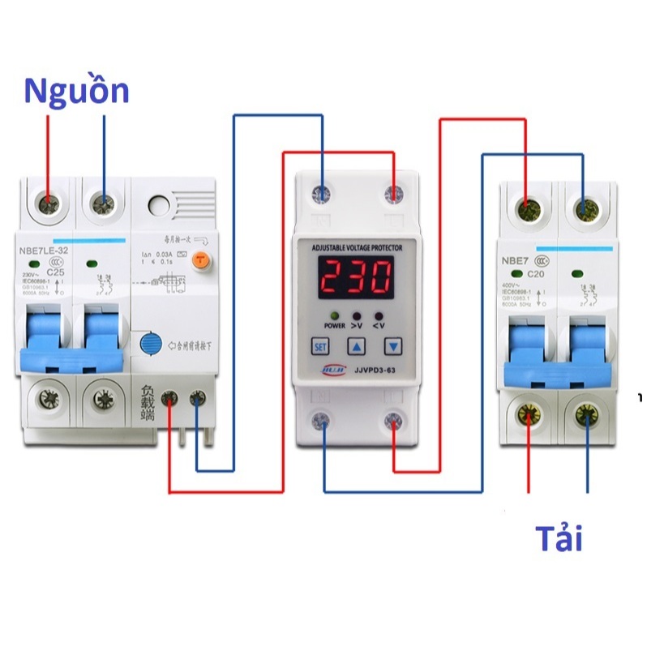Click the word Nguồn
pos(76,91)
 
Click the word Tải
pos(559,538)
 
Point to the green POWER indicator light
pos(333,315)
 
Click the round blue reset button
pos(150,344)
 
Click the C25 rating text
pos(56,273)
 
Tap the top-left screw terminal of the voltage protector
pos(323,195)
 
